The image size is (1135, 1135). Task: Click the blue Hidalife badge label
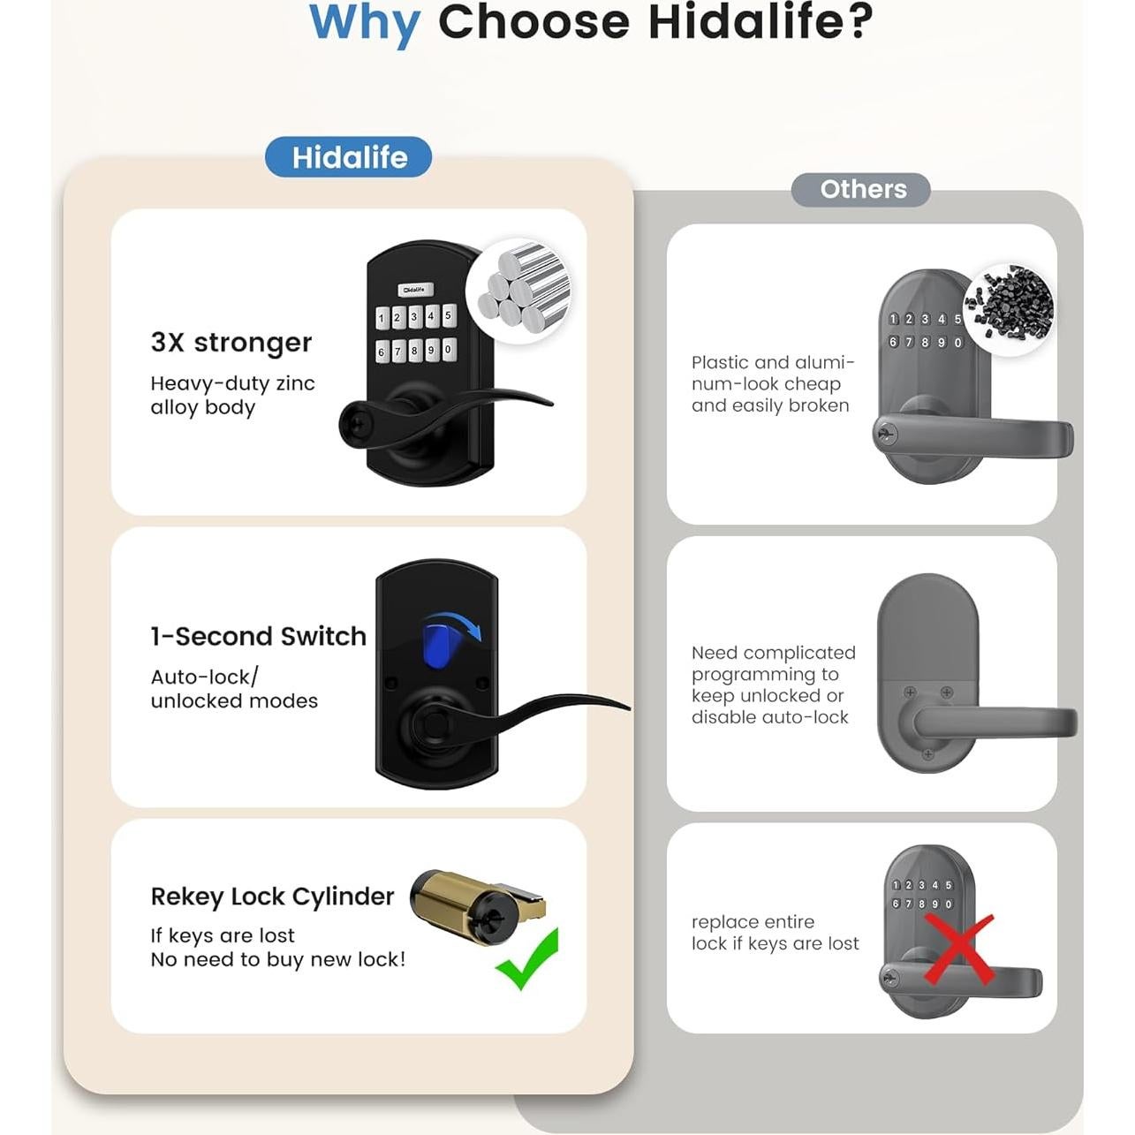coord(349,157)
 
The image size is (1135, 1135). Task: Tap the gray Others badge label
coord(862,189)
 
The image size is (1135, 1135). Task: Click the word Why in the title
coord(365,24)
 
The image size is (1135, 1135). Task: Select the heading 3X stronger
coord(231,342)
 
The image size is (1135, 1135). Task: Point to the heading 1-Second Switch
coord(258,636)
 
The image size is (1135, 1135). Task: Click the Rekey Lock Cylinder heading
coord(272,897)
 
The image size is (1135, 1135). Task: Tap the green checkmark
coord(528,959)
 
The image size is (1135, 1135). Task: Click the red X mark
coord(959,949)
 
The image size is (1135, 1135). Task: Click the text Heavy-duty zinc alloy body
coord(232,395)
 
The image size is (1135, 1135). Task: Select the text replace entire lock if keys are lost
coord(775,933)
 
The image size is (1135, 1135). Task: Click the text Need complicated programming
coord(773,685)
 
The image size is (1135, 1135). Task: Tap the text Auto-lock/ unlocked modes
coord(233,689)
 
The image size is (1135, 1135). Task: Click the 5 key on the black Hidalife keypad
coord(448,315)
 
